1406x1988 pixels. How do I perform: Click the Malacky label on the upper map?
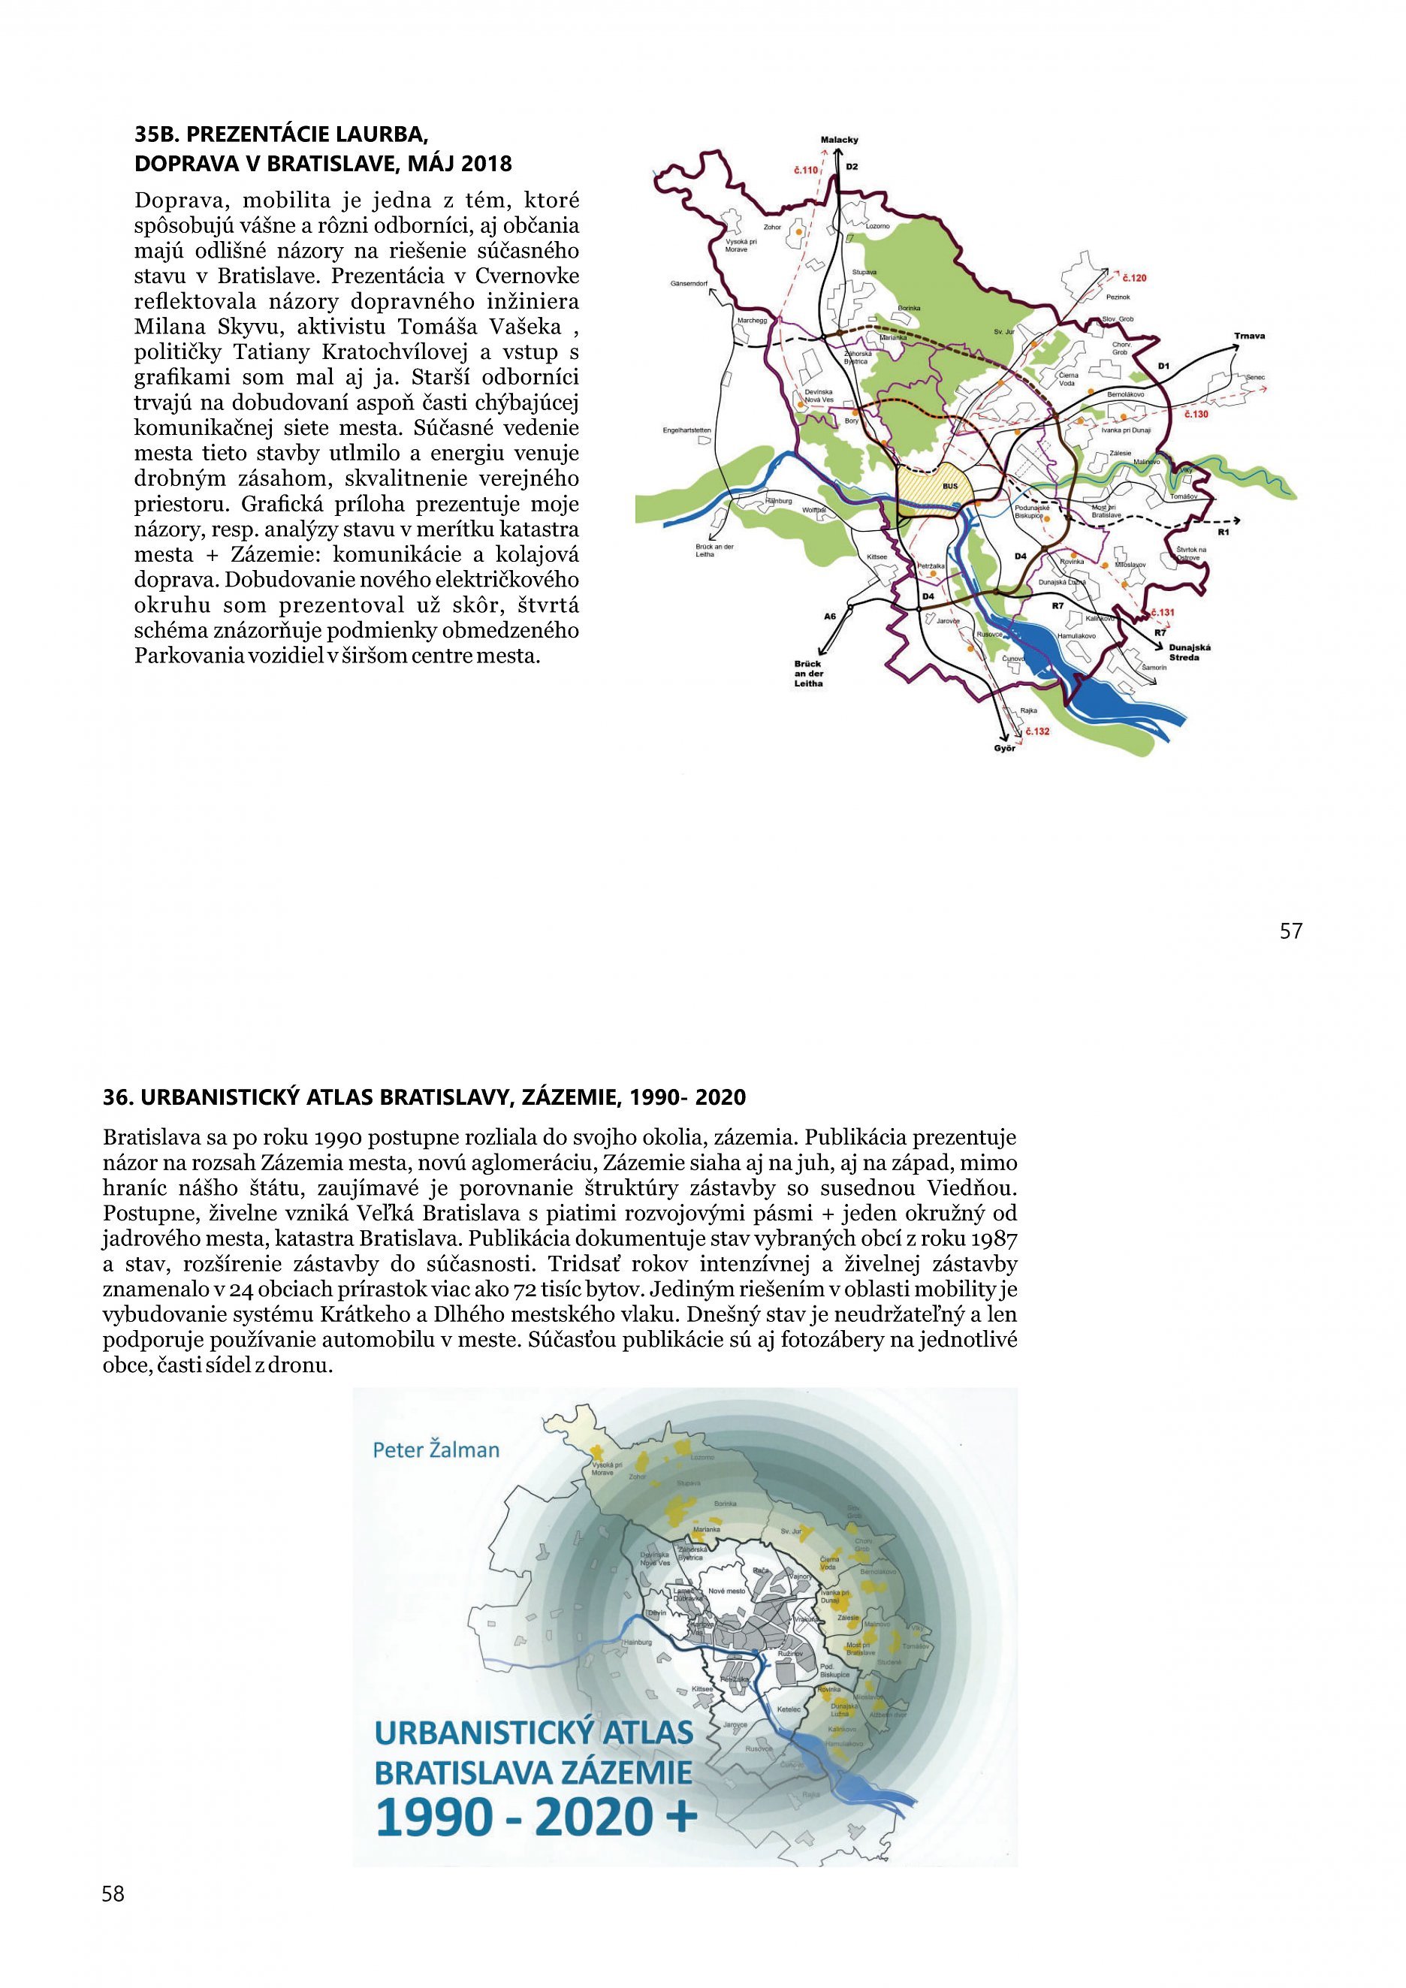coord(839,140)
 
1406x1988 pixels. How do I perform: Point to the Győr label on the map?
coord(1004,748)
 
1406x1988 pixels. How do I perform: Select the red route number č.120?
coord(1134,278)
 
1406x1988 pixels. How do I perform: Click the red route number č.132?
coord(1037,731)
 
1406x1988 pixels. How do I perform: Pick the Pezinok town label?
coord(1118,297)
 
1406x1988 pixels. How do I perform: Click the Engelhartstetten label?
coord(686,430)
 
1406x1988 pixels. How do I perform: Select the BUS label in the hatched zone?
coord(950,487)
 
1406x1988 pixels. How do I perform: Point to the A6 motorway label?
coord(830,617)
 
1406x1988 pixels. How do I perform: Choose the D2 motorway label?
coord(852,166)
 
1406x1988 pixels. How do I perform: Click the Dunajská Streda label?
coord(1190,652)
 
